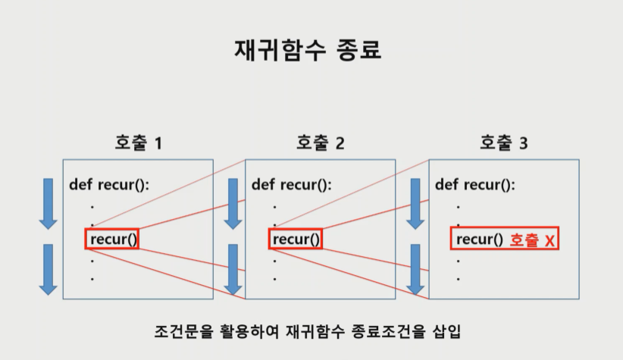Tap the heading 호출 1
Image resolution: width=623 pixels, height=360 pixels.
(138, 142)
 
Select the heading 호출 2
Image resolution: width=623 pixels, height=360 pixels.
(320, 142)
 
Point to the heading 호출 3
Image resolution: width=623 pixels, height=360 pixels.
(503, 142)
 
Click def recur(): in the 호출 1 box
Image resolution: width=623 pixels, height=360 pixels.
(109, 184)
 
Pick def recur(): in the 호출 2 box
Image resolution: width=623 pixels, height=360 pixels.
(292, 184)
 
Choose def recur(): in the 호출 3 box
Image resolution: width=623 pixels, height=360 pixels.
(475, 184)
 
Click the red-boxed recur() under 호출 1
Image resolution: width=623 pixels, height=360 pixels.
(112, 239)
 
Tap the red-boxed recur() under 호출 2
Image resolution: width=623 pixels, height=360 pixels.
(296, 239)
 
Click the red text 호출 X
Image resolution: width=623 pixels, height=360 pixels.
(532, 240)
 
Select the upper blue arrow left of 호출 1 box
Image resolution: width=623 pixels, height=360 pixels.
(49, 203)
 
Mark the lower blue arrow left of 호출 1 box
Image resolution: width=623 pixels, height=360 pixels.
(49, 268)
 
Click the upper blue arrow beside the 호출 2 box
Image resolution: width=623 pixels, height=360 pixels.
(233, 203)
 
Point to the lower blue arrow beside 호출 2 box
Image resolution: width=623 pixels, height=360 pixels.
(233, 268)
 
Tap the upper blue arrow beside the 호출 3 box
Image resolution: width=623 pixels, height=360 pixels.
(415, 203)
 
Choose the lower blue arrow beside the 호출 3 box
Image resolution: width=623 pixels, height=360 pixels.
(415, 268)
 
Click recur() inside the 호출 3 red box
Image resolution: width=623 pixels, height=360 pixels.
(479, 239)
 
